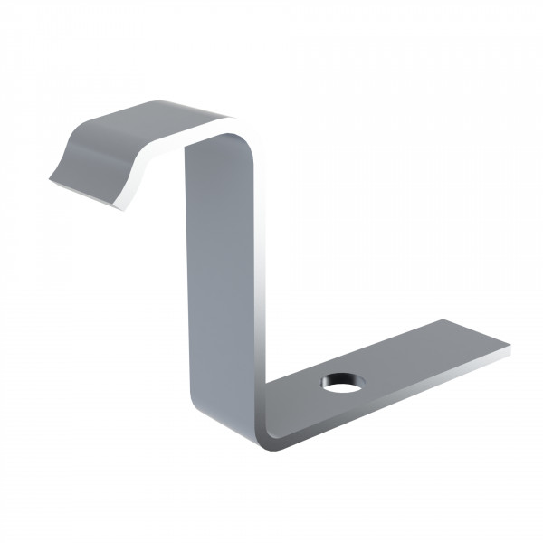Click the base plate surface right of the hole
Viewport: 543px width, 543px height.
coord(416,357)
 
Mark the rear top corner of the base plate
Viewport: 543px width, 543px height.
coord(443,319)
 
